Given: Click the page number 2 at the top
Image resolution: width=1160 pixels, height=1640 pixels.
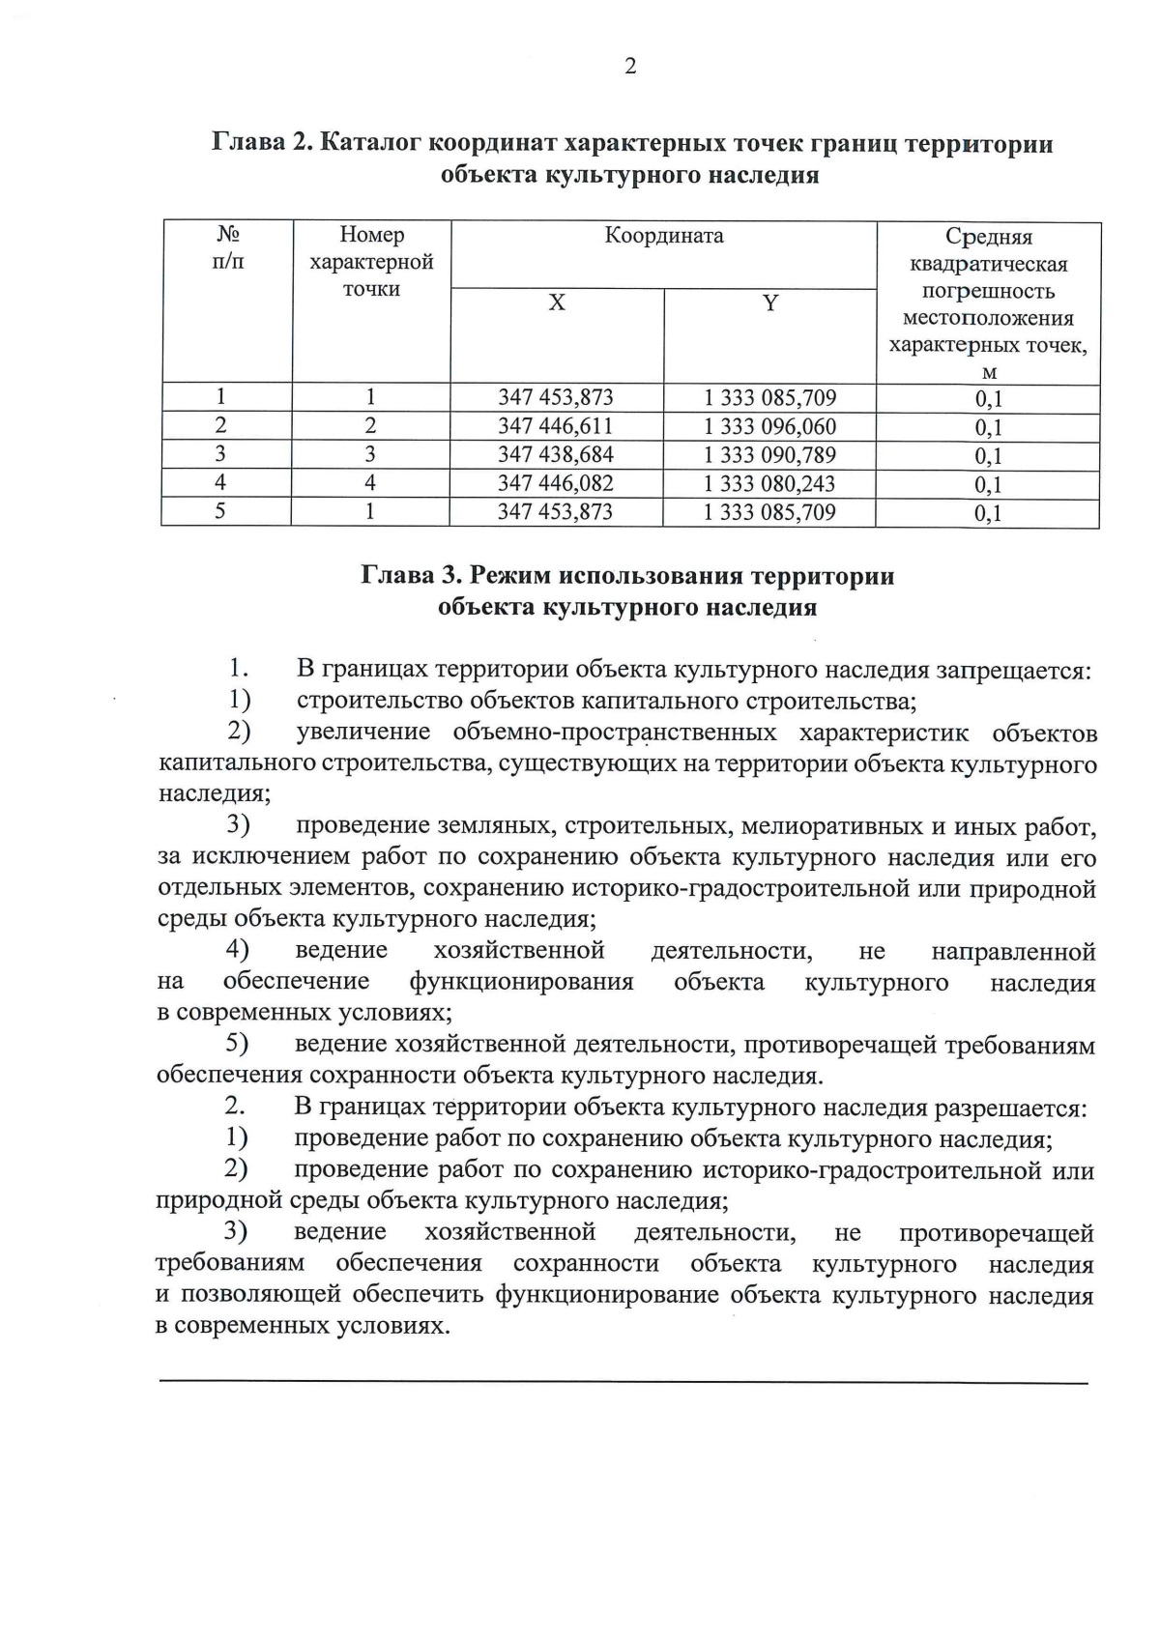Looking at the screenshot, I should [x=630, y=67].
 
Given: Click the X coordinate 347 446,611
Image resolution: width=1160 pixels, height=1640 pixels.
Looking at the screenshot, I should [x=556, y=426].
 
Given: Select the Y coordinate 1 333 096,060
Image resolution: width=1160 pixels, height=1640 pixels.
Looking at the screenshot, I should [x=769, y=426].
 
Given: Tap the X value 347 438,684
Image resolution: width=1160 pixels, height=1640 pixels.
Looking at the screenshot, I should [x=556, y=454].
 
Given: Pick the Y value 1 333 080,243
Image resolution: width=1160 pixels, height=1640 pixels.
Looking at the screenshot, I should [x=769, y=483].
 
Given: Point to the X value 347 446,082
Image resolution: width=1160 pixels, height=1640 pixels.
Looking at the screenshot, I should [x=556, y=483].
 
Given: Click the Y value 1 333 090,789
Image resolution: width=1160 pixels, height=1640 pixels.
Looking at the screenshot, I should [x=769, y=454].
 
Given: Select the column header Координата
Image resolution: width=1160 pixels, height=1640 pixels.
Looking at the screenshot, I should [x=664, y=236].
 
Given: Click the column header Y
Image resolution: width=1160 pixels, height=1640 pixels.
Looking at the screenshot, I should [x=770, y=303].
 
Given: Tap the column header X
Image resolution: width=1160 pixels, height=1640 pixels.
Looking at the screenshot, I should [x=557, y=303].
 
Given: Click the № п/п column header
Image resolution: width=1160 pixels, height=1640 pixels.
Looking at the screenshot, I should [x=227, y=247].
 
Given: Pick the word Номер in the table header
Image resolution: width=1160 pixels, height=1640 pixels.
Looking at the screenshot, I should [x=371, y=235].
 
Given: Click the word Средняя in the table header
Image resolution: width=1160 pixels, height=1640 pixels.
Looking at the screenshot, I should [x=988, y=237].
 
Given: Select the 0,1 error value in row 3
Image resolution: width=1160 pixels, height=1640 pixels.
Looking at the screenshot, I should [x=988, y=456].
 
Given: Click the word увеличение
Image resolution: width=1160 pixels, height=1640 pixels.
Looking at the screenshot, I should [x=362, y=733].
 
